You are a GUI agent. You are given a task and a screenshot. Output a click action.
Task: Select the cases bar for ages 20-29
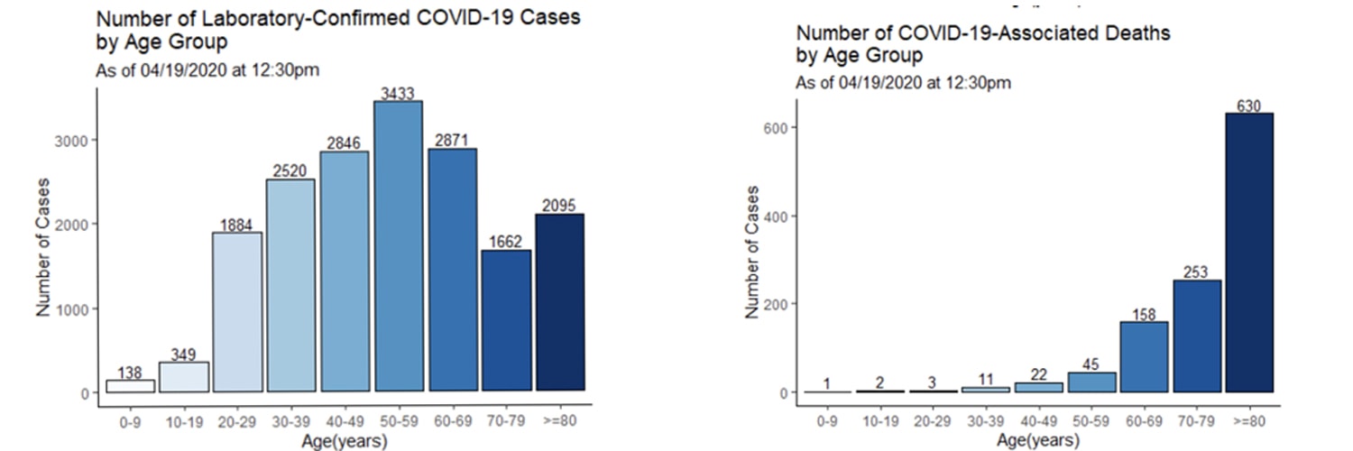[x=236, y=311]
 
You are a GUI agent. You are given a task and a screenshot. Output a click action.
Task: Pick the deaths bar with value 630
[x=1249, y=253]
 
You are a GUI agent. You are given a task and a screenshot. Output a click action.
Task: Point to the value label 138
[x=130, y=373]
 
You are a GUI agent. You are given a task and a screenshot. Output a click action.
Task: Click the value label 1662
[x=505, y=242]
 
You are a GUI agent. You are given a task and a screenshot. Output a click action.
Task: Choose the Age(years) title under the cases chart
[x=345, y=441]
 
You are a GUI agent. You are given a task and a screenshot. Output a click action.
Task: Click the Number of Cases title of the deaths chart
[x=753, y=253]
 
